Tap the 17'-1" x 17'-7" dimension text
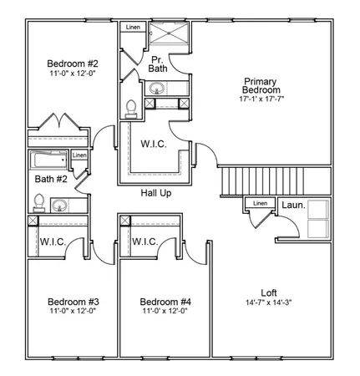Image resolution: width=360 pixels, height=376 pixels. [x=261, y=100]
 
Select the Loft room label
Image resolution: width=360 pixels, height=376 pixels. [x=269, y=292]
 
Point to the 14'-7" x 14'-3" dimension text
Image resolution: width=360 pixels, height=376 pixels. [x=269, y=302]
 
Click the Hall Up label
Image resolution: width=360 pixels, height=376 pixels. [x=155, y=193]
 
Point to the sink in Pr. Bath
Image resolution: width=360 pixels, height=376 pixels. [x=156, y=89]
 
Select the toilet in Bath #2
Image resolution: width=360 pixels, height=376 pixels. [x=38, y=201]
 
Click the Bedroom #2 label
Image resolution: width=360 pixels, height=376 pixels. [x=73, y=64]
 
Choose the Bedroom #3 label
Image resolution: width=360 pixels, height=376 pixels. [x=73, y=302]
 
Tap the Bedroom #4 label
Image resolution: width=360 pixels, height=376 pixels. [x=165, y=302]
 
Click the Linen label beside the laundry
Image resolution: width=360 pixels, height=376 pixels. [x=260, y=203]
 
